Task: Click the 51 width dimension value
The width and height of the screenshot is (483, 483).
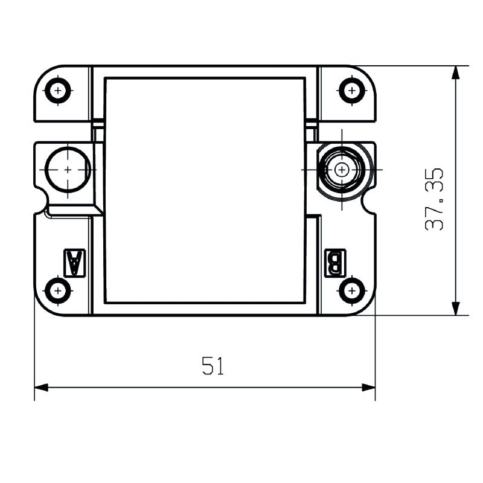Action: [213, 366]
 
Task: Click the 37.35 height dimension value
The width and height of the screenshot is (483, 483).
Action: [435, 199]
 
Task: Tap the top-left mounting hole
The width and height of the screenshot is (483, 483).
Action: [58, 91]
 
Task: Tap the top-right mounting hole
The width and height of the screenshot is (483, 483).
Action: [351, 91]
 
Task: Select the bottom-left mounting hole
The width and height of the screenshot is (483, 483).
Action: [58, 291]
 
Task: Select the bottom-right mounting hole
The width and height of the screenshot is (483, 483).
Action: [351, 291]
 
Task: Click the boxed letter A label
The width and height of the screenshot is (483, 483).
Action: [74, 263]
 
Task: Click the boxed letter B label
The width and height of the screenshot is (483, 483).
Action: [335, 263]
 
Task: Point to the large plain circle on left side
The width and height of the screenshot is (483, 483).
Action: [68, 170]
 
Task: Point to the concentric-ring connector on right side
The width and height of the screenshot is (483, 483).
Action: [342, 170]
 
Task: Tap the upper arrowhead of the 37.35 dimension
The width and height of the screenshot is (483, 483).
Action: [456, 72]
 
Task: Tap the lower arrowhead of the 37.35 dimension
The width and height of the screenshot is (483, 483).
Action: [456, 308]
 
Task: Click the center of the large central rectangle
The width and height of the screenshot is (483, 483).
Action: [205, 190]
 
